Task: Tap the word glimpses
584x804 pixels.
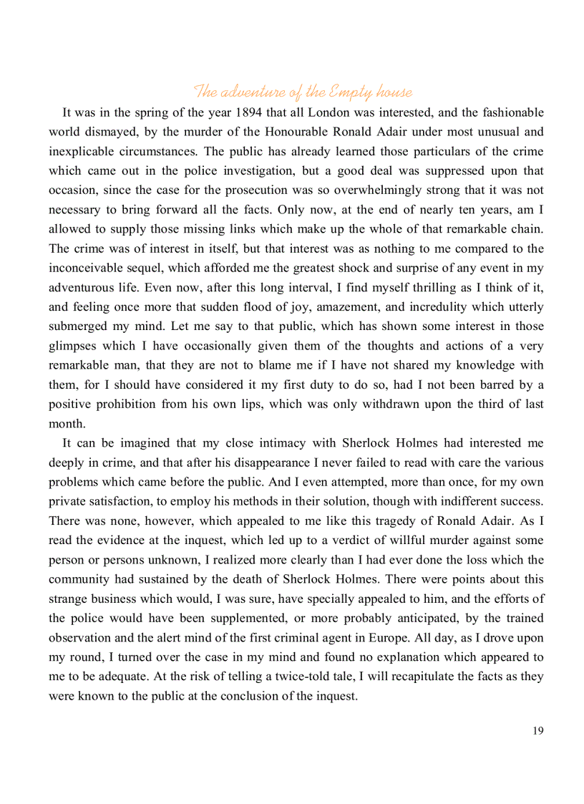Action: pyautogui.click(x=74, y=346)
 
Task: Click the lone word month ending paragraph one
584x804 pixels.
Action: pyautogui.click(x=67, y=423)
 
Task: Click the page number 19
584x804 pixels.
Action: pyautogui.click(x=537, y=730)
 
